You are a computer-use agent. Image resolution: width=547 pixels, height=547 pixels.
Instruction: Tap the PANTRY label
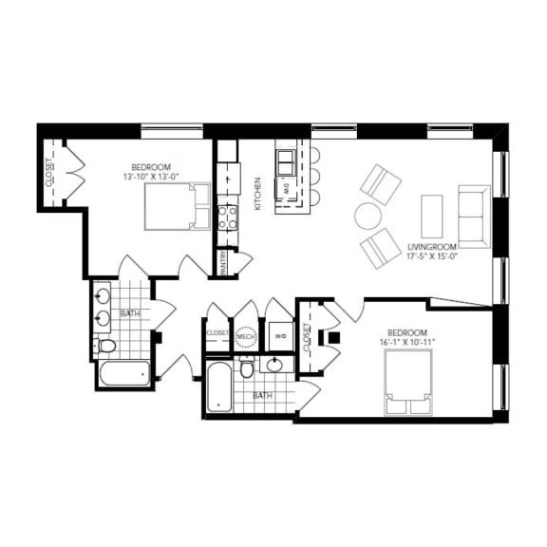(223, 262)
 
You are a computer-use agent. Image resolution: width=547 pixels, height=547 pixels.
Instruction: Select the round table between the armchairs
(368, 217)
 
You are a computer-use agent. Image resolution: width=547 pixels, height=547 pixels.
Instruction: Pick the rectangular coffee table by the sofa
(432, 217)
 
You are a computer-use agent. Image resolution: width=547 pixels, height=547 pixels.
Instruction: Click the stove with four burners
(228, 217)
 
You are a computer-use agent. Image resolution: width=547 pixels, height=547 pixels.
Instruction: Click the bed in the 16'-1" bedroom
(409, 383)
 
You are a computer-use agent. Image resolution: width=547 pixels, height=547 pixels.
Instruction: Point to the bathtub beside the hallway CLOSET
(217, 386)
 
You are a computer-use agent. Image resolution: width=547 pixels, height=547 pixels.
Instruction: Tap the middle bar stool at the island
(314, 177)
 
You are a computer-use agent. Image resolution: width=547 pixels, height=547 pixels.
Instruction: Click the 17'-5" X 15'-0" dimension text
(433, 255)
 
